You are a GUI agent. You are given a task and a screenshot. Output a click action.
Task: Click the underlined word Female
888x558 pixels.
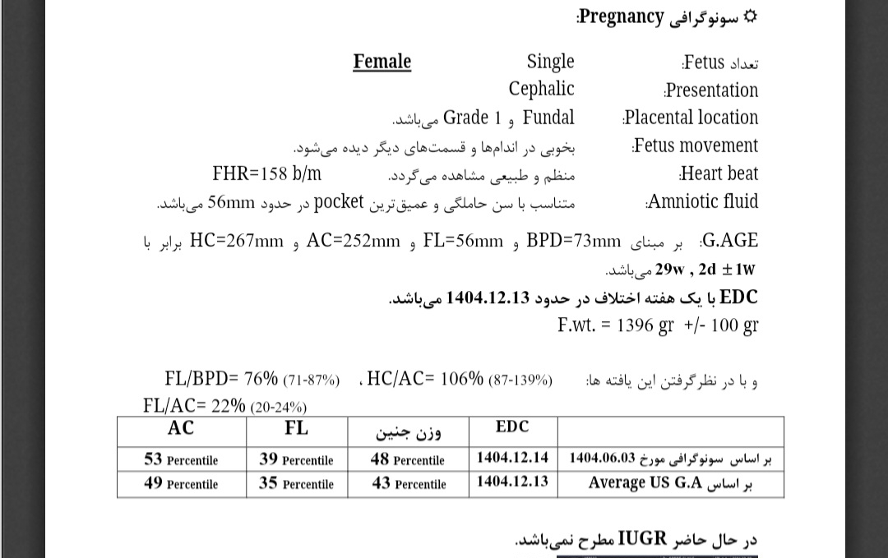382,62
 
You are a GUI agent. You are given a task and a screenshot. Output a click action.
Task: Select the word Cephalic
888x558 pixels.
541,89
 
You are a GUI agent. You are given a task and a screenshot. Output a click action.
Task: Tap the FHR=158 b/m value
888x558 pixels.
266,173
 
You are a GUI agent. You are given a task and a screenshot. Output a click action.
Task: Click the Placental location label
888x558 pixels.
691,118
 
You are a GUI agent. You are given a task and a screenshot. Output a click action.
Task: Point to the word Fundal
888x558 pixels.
548,118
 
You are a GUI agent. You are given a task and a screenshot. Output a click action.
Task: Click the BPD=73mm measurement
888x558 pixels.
574,241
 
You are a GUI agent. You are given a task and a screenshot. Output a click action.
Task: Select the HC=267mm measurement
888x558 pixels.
237,241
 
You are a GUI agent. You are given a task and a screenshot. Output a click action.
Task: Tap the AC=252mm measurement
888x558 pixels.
353,241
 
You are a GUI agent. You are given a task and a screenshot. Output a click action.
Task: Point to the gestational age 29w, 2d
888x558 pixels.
676,269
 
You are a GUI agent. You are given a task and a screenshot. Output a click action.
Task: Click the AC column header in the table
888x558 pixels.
181,428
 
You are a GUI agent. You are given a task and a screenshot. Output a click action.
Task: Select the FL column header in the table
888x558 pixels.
296,428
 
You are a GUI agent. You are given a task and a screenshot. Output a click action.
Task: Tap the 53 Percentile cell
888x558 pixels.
181,459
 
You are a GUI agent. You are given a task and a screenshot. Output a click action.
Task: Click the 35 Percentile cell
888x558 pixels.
296,483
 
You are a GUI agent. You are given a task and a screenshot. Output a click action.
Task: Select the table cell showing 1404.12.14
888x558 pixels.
512,458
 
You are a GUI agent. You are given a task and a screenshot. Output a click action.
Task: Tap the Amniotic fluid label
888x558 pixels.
703,201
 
